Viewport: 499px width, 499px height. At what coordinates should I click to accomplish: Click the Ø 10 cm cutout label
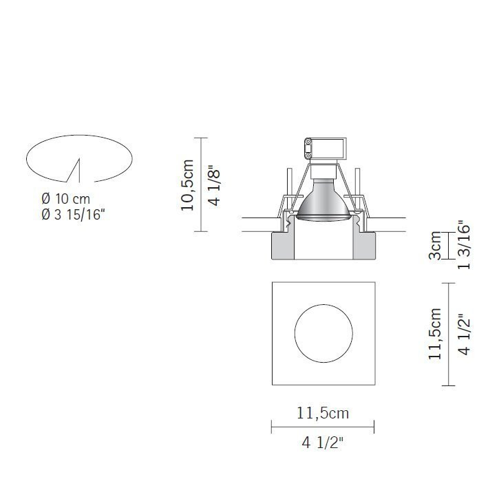[x=66, y=200]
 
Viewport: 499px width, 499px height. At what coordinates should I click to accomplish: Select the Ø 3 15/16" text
[x=76, y=215]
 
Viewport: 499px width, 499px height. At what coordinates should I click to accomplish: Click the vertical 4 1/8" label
[x=215, y=184]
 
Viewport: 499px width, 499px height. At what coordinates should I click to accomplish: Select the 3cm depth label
[x=434, y=246]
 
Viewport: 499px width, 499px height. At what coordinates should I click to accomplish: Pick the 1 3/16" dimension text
[x=463, y=246]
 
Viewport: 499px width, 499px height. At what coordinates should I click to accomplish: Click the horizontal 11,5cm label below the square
[x=323, y=414]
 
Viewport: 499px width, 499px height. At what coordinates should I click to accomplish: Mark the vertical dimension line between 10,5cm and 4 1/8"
[x=200, y=184]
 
